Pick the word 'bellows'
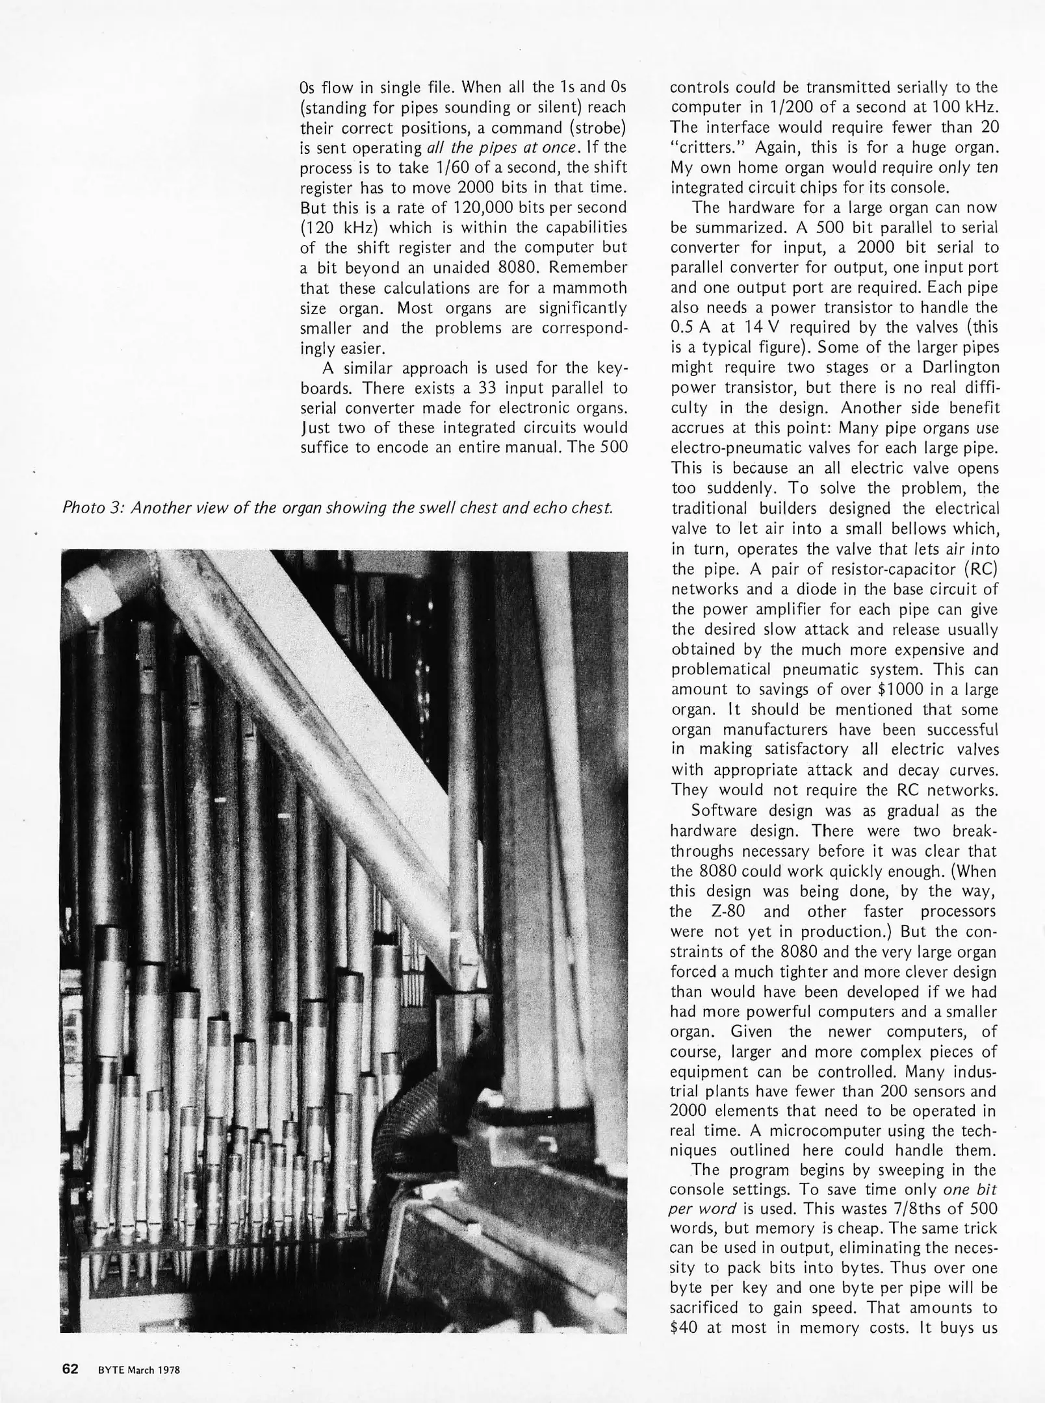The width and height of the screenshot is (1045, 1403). point(929,529)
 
